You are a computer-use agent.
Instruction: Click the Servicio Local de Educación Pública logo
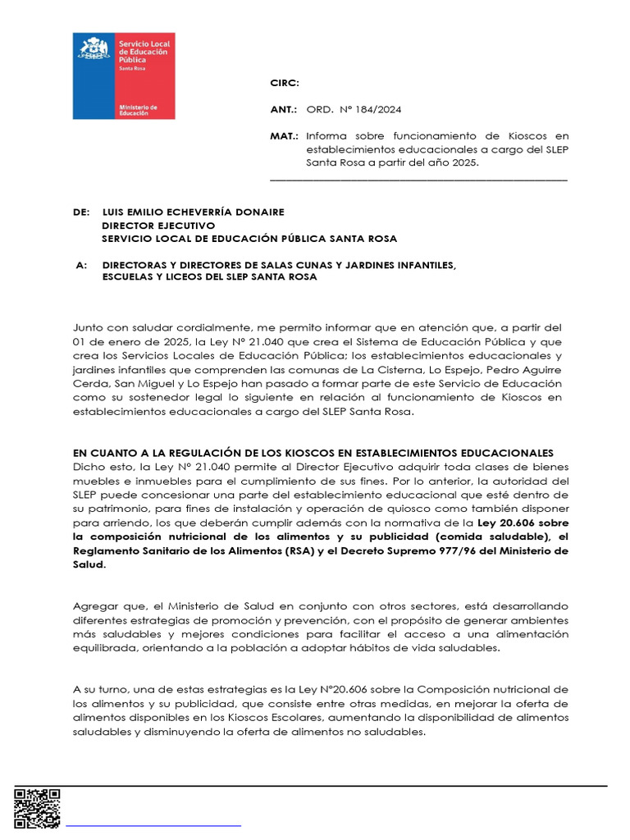point(124,75)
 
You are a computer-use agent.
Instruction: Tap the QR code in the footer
point(37,808)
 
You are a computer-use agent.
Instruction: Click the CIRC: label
point(285,84)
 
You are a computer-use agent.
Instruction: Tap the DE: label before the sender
point(81,212)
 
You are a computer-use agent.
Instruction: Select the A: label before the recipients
point(80,265)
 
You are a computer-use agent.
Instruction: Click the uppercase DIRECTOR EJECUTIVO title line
point(158,226)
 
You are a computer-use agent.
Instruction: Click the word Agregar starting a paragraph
point(95,606)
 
